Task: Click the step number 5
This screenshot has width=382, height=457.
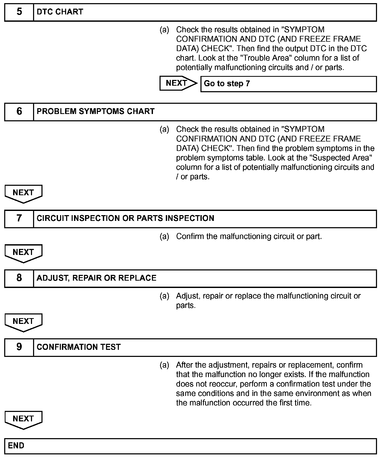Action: click(19, 12)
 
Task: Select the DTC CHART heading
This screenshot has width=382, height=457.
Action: click(60, 12)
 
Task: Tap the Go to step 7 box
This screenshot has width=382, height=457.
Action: click(288, 84)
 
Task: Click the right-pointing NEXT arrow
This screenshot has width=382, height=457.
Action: click(178, 83)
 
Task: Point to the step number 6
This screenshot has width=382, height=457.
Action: click(19, 112)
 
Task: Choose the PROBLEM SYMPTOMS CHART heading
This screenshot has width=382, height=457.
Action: click(95, 112)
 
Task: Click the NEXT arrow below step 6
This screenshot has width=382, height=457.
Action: click(23, 193)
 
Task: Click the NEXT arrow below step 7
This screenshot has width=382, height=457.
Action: click(23, 253)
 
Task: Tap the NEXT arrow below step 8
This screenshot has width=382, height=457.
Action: click(23, 322)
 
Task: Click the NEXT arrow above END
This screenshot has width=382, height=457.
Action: click(23, 420)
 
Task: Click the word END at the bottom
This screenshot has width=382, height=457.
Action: click(16, 446)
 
